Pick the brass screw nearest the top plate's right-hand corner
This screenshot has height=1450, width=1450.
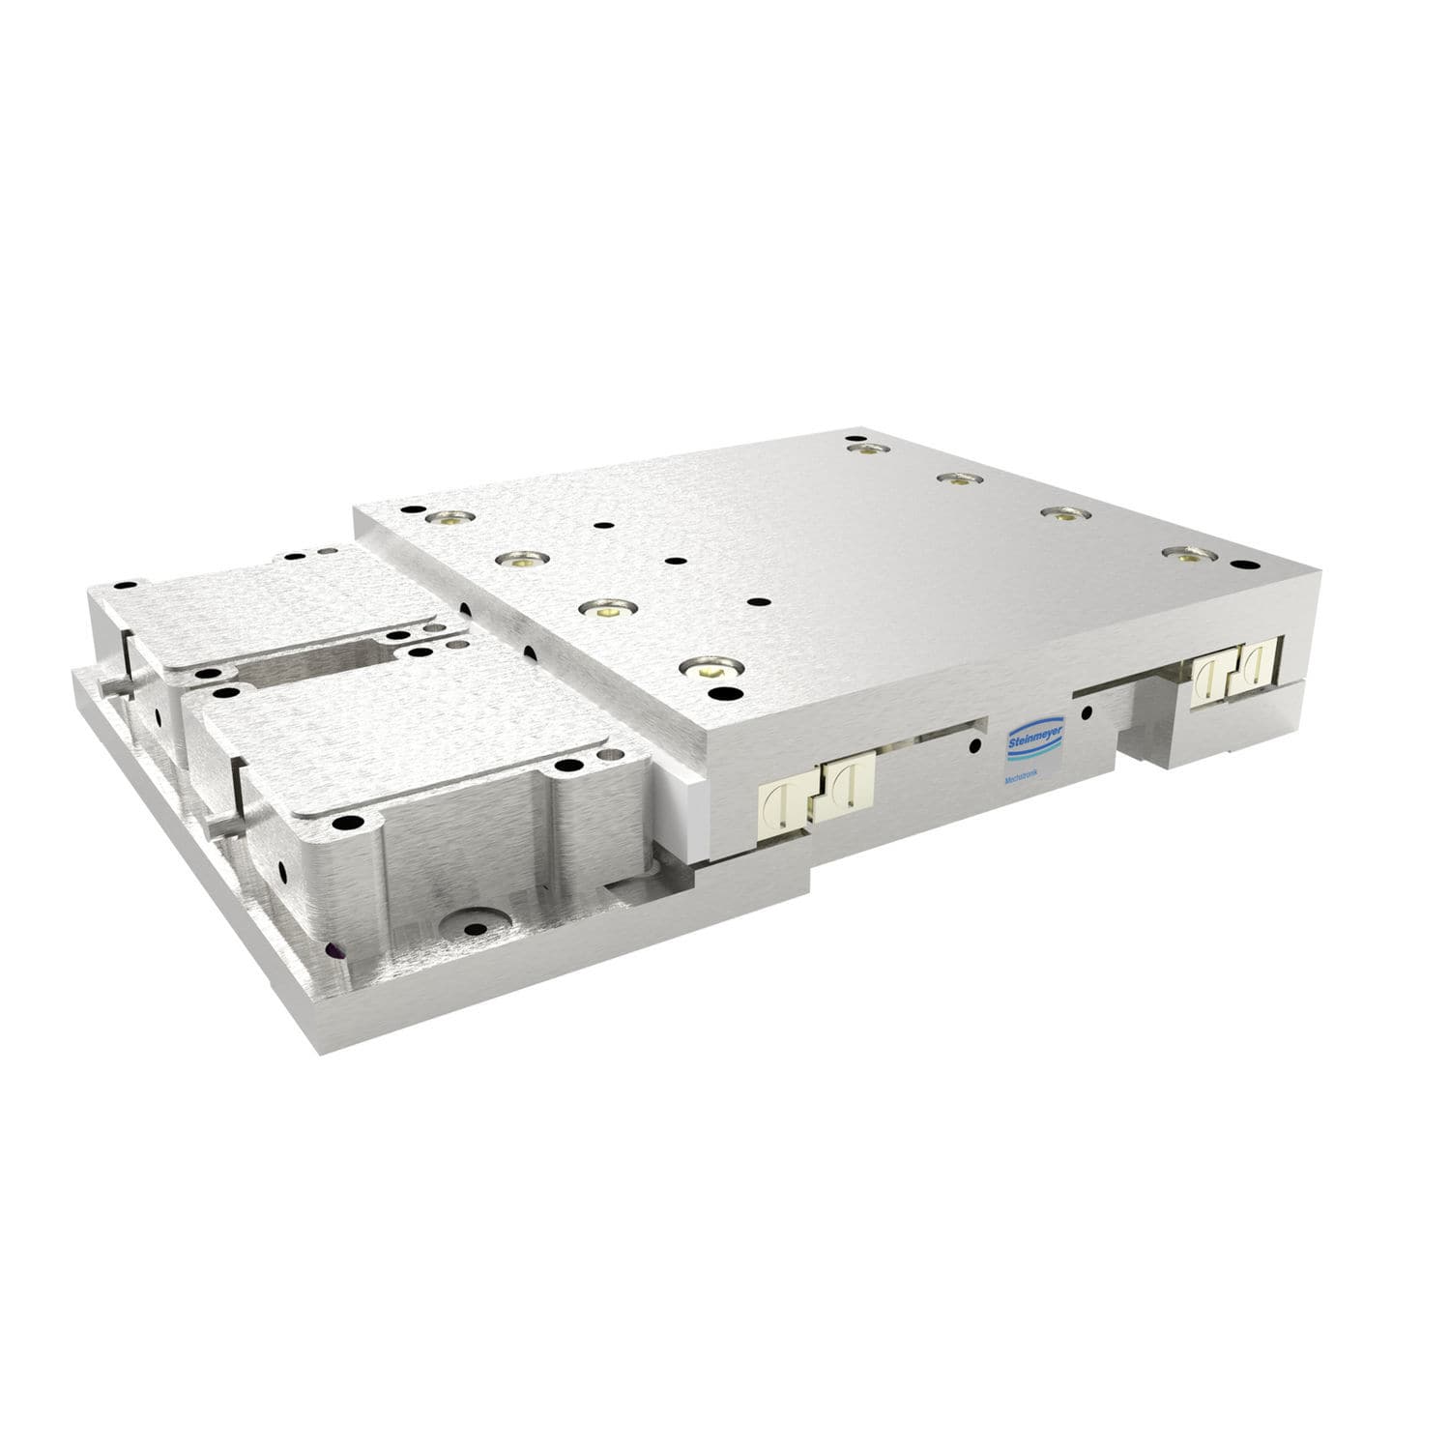(x=1184, y=554)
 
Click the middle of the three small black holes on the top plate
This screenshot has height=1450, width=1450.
(x=672, y=560)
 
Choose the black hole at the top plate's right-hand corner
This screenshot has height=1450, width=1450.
(x=1242, y=564)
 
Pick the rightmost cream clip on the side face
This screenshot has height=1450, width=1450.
(x=1255, y=667)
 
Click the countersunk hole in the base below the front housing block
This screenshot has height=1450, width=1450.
(x=474, y=930)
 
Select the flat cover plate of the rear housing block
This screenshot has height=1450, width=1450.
(x=290, y=609)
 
